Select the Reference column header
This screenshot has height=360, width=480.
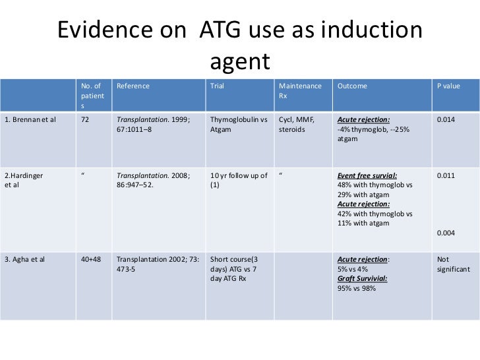[x=133, y=86]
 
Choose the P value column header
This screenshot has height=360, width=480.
[x=448, y=86]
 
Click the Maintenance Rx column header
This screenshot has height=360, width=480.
[x=300, y=91]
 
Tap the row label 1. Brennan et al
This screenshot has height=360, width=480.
[x=30, y=119]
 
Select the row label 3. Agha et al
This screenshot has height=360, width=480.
[x=25, y=258]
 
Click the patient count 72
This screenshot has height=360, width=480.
[x=84, y=119]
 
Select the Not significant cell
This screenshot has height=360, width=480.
[x=453, y=264]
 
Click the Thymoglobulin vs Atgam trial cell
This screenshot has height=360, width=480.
[x=238, y=125]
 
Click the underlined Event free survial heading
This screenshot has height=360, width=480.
[x=367, y=176]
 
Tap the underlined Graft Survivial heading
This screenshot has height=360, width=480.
[x=362, y=278]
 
